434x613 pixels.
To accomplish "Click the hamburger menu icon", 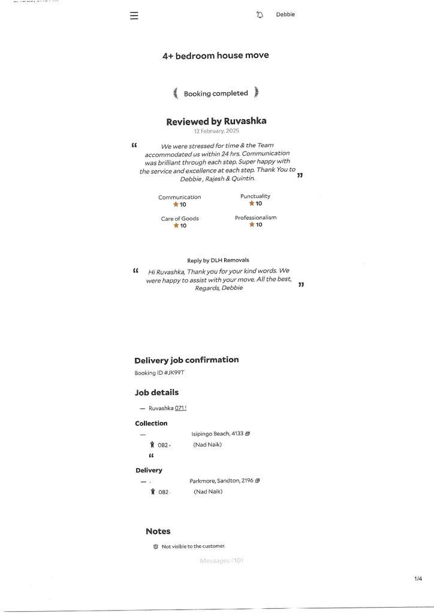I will pyautogui.click(x=134, y=16).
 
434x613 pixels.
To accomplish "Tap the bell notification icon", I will pyautogui.click(x=260, y=15).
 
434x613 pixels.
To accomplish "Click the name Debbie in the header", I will pyautogui.click(x=285, y=15).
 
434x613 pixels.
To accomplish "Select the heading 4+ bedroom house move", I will pyautogui.click(x=216, y=55).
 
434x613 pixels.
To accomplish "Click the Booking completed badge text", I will pyautogui.click(x=216, y=93).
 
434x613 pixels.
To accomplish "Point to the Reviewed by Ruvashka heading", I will pyautogui.click(x=216, y=121).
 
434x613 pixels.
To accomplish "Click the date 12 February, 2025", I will pyautogui.click(x=216, y=131).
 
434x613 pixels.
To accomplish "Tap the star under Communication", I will pyautogui.click(x=176, y=205).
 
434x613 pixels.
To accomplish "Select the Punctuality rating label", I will pyautogui.click(x=255, y=196).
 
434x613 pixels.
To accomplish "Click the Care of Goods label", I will pyautogui.click(x=180, y=219).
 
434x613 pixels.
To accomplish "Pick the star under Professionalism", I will pyautogui.click(x=252, y=225).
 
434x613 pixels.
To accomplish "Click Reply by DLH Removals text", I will pyautogui.click(x=218, y=260).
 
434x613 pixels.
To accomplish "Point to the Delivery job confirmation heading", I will pyautogui.click(x=186, y=360).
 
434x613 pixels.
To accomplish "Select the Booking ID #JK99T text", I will pyautogui.click(x=159, y=373).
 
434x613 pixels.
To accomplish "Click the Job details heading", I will pyautogui.click(x=156, y=393).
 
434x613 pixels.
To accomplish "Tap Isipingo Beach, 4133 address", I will pyautogui.click(x=217, y=433).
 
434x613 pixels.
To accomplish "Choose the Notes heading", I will pyautogui.click(x=158, y=531).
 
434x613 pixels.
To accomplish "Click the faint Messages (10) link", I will pyautogui.click(x=221, y=560).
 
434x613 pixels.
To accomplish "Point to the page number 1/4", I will pyautogui.click(x=418, y=578).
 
